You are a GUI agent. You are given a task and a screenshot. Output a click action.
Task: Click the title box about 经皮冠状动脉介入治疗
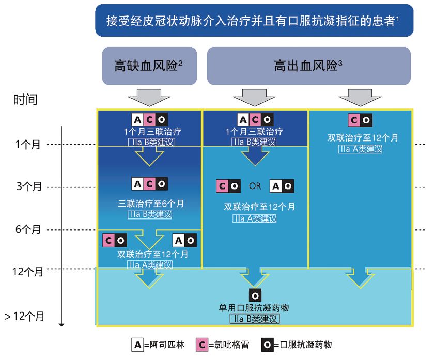254,21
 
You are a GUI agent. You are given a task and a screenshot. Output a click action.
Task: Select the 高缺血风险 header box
149,66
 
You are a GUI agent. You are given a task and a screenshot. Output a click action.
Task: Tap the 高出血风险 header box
308,66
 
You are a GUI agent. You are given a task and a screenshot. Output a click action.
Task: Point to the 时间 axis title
25,99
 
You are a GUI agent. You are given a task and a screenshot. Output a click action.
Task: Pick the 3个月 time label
29,187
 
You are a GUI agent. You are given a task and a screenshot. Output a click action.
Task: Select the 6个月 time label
29,229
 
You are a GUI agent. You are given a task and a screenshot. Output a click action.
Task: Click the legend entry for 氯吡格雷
222,345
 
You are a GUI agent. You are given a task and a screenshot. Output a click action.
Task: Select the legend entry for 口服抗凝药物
297,345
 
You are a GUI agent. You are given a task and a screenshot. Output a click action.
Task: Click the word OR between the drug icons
255,186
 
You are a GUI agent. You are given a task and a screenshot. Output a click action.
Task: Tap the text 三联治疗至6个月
150,204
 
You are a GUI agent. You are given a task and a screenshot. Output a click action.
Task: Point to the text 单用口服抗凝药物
254,308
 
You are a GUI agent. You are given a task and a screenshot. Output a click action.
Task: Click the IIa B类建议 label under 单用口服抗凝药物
254,319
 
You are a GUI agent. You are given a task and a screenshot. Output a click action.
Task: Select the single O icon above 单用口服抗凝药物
255,295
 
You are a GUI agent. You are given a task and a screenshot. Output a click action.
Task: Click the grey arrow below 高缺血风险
149,97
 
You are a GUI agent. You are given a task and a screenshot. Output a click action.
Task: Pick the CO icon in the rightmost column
360,120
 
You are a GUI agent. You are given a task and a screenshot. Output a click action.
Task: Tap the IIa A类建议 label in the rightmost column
360,149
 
